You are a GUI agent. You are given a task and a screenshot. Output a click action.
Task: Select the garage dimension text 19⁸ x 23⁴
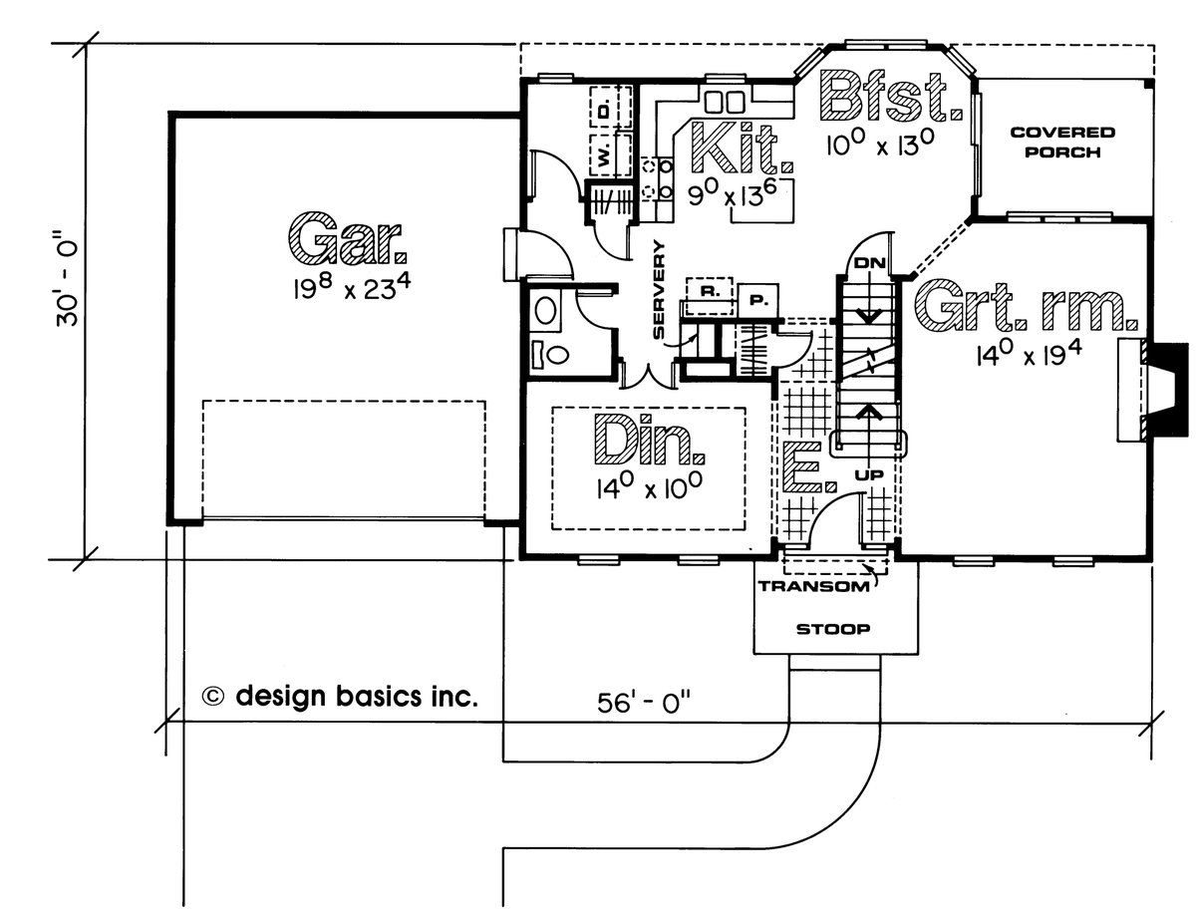[348, 289]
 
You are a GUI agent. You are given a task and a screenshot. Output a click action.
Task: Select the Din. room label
[649, 442]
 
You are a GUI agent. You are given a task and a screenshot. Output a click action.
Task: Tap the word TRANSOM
[815, 587]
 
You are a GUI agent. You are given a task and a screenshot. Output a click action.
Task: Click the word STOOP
[834, 630]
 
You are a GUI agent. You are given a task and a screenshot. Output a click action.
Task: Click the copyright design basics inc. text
[340, 697]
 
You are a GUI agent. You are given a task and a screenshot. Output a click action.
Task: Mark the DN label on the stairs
[865, 262]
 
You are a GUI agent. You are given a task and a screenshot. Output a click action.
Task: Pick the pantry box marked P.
[755, 296]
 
